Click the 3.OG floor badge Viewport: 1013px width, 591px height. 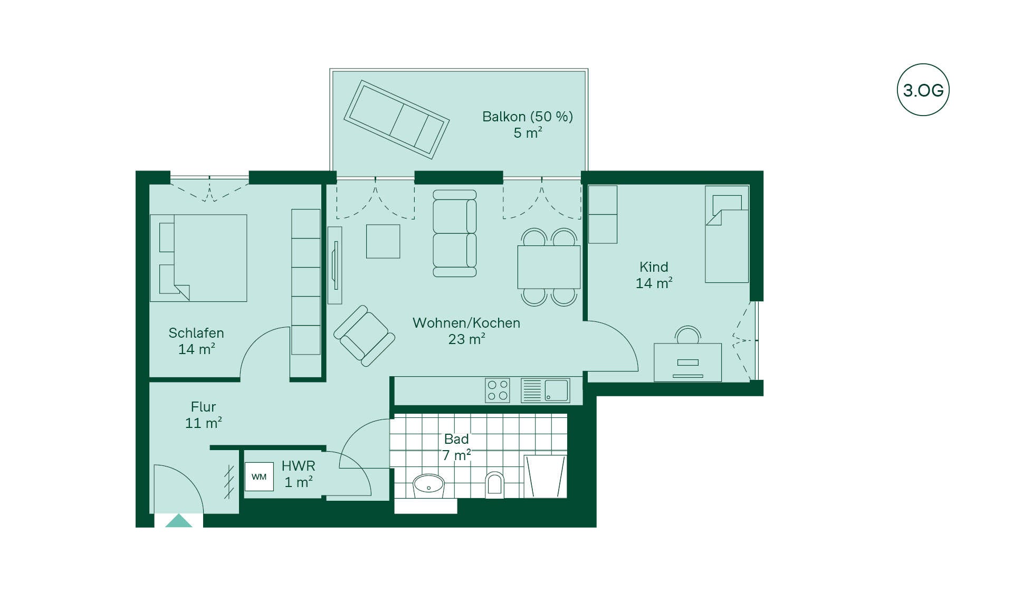click(x=923, y=90)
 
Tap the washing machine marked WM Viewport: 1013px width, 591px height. click(x=259, y=476)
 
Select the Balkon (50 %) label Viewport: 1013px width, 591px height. click(x=528, y=117)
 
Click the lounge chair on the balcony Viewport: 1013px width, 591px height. click(x=396, y=120)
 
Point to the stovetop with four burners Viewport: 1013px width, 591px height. click(x=498, y=390)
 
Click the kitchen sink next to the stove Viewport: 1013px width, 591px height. click(x=545, y=390)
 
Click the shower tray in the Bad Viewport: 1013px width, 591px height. click(x=545, y=476)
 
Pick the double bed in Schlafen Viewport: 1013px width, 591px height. click(x=198, y=258)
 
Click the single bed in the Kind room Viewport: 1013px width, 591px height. click(x=727, y=234)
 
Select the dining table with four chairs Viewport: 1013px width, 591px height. click(x=549, y=267)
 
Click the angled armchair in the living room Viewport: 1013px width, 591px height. click(x=364, y=336)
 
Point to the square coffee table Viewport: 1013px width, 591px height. click(x=383, y=241)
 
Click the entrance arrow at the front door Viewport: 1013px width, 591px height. click(x=179, y=520)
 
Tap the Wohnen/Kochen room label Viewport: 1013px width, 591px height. click(x=466, y=323)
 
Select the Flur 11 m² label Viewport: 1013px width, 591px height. click(x=203, y=415)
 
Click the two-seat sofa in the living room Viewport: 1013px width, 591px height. click(x=455, y=234)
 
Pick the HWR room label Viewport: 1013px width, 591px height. click(x=299, y=466)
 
